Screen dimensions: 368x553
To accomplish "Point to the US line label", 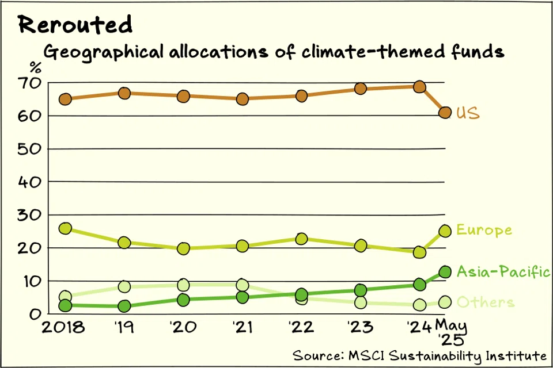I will point(468,113).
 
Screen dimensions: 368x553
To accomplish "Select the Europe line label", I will point(484,230).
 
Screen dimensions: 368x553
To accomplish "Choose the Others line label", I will point(486,302).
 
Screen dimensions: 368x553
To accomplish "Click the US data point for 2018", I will point(65,99).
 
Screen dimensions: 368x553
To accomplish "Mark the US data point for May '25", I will point(445,112).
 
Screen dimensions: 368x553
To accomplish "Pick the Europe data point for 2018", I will point(65,228).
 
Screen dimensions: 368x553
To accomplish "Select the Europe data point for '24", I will point(419,252).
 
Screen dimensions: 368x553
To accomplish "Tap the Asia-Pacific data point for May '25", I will point(445,272).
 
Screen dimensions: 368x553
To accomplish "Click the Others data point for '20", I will point(183,285).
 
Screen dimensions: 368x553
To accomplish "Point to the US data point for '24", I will point(419,87).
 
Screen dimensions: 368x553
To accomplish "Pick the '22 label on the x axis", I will point(301,328).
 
